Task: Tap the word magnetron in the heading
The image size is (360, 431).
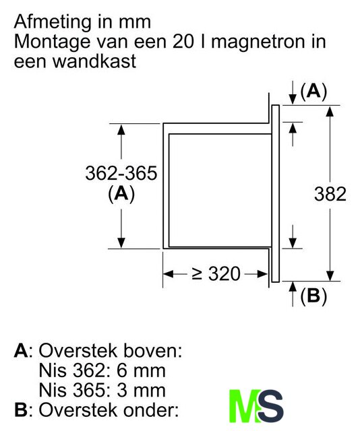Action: click(258, 42)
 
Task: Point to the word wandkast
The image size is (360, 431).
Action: click(94, 61)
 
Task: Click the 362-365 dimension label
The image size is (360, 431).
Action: click(121, 173)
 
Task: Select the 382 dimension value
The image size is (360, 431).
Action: click(330, 194)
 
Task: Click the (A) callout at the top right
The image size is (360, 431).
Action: click(313, 92)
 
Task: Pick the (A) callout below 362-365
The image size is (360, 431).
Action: click(121, 194)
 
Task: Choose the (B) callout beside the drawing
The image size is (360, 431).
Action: click(313, 296)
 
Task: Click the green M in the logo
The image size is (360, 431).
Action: click(244, 405)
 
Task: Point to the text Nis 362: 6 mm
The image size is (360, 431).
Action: click(102, 370)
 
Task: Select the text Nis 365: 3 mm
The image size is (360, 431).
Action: click(102, 390)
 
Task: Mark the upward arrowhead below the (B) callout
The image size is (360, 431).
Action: click(293, 286)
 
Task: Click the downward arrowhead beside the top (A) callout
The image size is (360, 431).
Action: click(293, 100)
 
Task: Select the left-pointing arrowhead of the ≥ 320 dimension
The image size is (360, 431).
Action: click(168, 274)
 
